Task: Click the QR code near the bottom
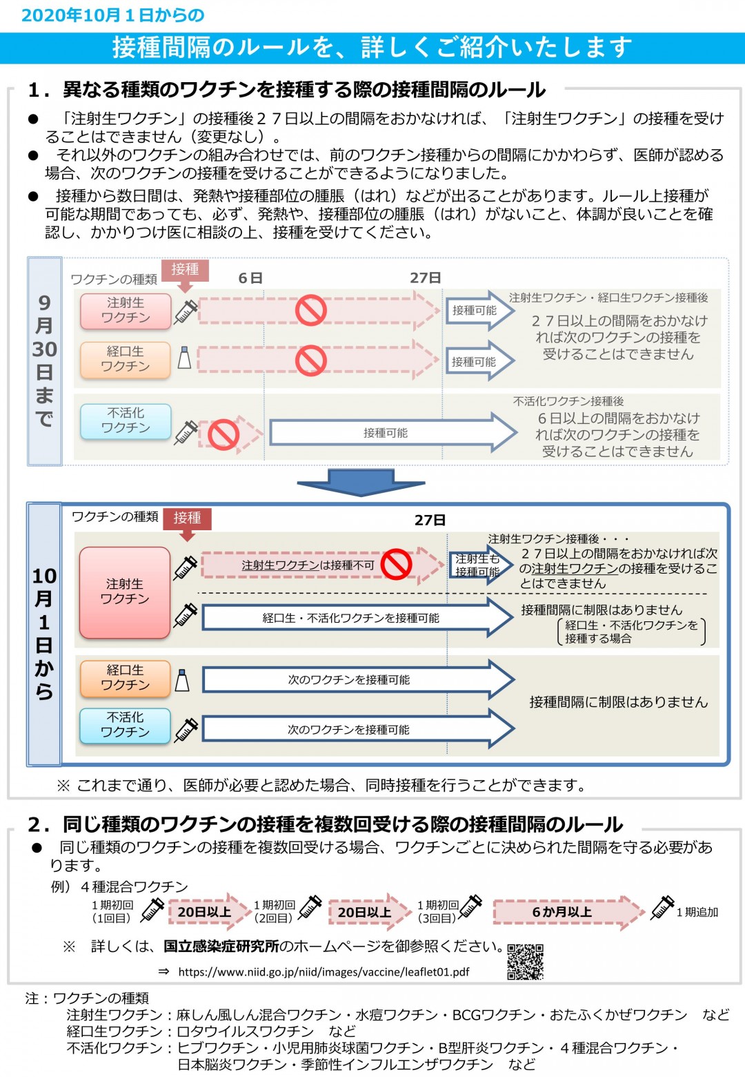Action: [x=526, y=961]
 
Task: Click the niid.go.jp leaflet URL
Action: [x=324, y=971]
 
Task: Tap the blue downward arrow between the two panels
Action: [x=361, y=483]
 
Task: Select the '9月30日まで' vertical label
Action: [x=44, y=360]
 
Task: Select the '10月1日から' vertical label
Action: [x=44, y=634]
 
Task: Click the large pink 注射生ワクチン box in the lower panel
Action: [x=125, y=592]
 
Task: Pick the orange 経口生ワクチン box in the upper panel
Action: [x=126, y=360]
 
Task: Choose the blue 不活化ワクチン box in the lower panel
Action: [x=126, y=726]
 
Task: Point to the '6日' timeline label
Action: [x=250, y=278]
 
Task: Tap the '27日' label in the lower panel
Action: [x=430, y=520]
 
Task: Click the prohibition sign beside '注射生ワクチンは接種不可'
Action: [x=396, y=564]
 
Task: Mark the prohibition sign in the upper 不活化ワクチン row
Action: [x=223, y=434]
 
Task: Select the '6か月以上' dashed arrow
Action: [x=568, y=912]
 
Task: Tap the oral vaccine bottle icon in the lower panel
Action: [x=182, y=680]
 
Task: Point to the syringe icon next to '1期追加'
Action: [x=662, y=908]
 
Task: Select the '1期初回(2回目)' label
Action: [x=274, y=911]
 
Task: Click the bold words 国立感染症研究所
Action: [x=221, y=947]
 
